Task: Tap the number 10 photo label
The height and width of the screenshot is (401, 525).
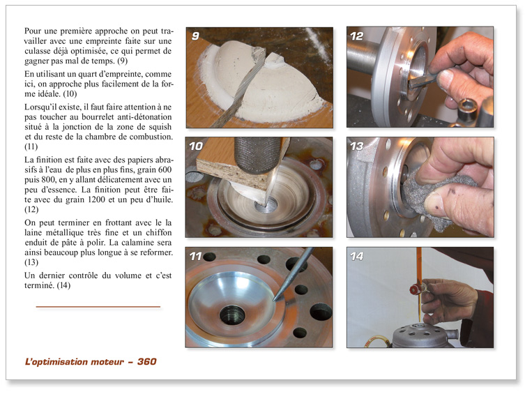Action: pyautogui.click(x=197, y=146)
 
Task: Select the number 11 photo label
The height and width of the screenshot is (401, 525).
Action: pyautogui.click(x=197, y=257)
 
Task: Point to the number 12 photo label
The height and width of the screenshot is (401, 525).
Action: pyautogui.click(x=357, y=36)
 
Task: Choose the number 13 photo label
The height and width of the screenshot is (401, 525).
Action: pyautogui.click(x=357, y=146)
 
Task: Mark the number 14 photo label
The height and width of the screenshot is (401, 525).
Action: pyautogui.click(x=357, y=257)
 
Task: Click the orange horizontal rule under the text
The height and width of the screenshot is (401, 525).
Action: pyautogui.click(x=98, y=307)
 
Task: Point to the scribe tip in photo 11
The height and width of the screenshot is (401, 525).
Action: pyautogui.click(x=275, y=300)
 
